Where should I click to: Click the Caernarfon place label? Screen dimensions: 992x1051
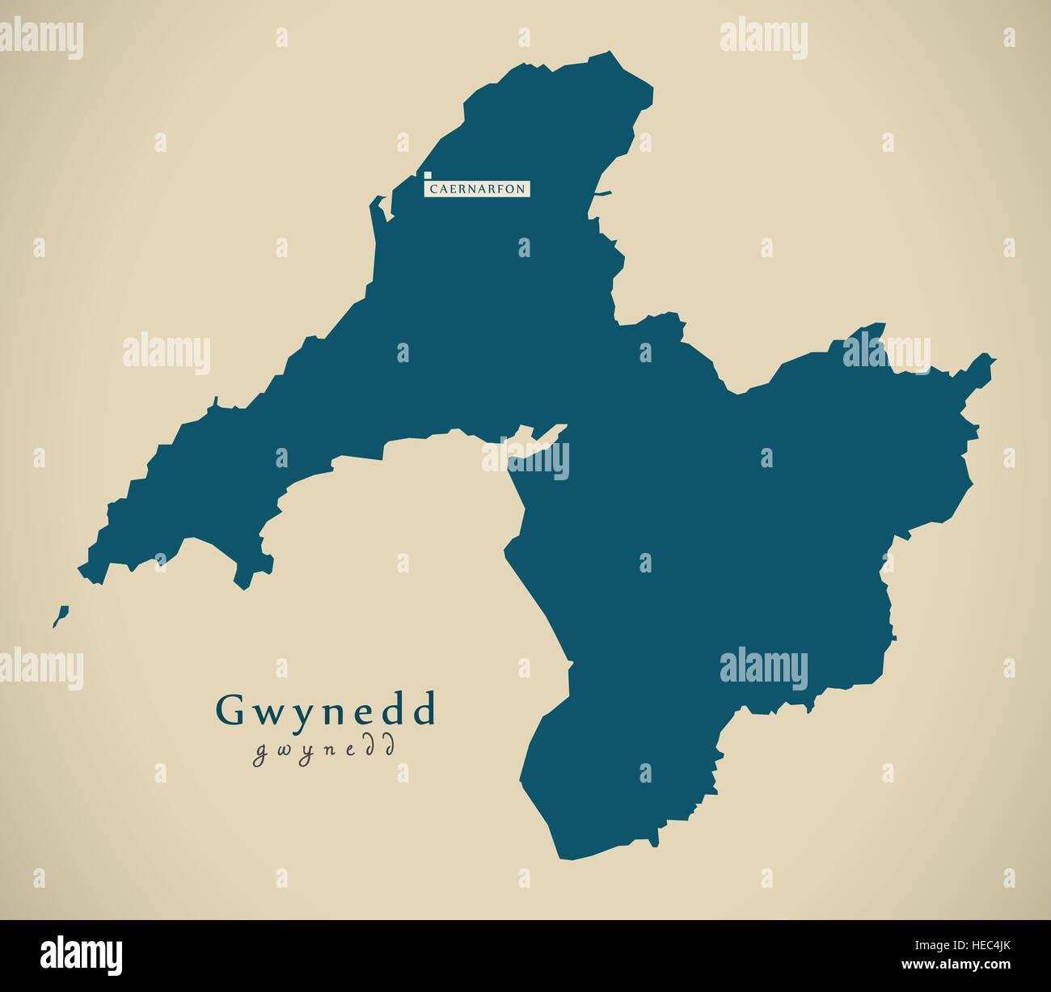point(477,189)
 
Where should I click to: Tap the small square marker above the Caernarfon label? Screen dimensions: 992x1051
point(427,174)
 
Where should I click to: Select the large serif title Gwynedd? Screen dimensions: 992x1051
point(326,710)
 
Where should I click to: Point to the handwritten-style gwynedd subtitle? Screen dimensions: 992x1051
point(324,749)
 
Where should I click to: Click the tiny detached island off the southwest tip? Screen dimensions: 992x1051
point(60,616)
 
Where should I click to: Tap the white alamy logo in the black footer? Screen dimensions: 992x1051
point(82,955)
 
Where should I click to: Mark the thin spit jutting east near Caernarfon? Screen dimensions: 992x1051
point(603,193)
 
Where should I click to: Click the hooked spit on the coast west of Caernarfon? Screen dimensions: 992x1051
point(377,209)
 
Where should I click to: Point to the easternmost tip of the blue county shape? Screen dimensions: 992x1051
point(994,357)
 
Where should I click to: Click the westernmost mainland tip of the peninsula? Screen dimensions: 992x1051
point(80,568)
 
